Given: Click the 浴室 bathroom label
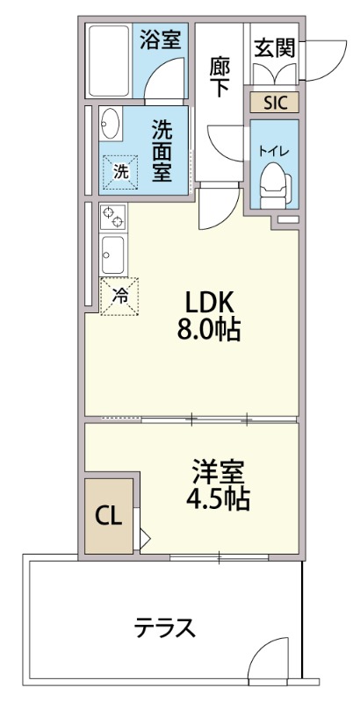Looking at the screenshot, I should click(x=162, y=39).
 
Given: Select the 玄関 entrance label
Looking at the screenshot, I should click(x=274, y=47).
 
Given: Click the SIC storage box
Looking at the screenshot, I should click(x=274, y=102).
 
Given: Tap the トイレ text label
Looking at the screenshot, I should click(x=273, y=150).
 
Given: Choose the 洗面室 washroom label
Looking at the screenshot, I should click(x=161, y=149).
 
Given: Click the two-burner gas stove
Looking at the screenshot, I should click(x=113, y=216).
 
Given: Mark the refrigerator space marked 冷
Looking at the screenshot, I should click(x=120, y=297).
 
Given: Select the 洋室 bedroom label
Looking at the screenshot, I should click(x=219, y=471).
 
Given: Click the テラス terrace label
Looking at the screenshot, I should click(x=164, y=628).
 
